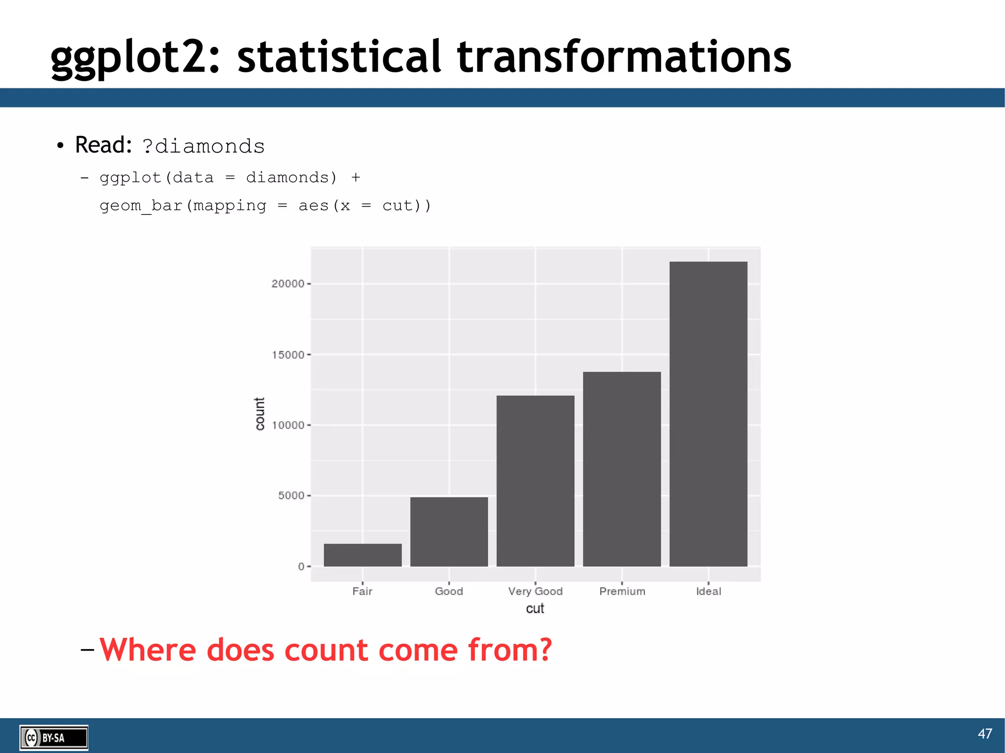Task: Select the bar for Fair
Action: (x=363, y=555)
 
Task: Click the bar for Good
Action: (x=449, y=532)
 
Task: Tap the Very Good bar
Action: (x=535, y=481)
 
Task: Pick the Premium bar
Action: (x=622, y=469)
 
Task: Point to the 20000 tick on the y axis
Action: (x=288, y=284)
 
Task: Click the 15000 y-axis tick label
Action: (x=288, y=355)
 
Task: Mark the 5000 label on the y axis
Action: (x=291, y=495)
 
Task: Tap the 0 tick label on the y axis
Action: (x=301, y=566)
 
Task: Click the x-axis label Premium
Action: (x=622, y=591)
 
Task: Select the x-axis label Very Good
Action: (x=535, y=591)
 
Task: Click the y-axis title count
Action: (x=260, y=414)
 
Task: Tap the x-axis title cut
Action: (x=535, y=609)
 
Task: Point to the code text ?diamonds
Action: (x=203, y=146)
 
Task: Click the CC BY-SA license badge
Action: (x=53, y=737)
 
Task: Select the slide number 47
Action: (x=984, y=733)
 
